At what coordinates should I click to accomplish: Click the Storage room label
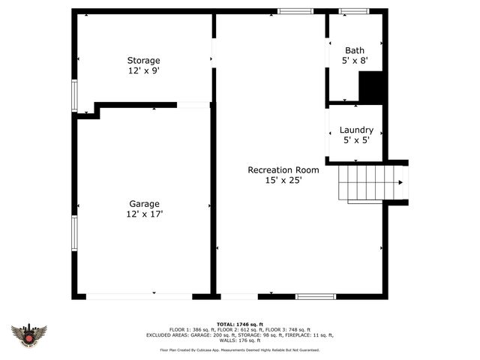click(x=143, y=60)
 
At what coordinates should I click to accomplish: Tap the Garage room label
click(x=144, y=203)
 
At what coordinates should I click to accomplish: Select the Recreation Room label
click(x=278, y=169)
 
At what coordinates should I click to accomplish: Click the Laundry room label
click(x=356, y=130)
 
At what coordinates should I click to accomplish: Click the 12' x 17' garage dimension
click(x=144, y=214)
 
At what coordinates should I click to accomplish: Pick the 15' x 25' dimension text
click(x=278, y=180)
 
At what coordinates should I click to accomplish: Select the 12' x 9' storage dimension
click(x=143, y=70)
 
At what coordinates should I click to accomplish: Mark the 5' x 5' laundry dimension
click(x=356, y=140)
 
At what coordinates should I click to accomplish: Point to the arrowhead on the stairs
click(x=400, y=182)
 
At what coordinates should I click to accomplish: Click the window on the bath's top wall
click(x=354, y=11)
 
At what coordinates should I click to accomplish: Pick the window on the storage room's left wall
click(x=73, y=95)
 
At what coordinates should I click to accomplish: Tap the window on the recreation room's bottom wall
click(x=314, y=296)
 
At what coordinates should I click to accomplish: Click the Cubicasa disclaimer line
click(x=239, y=349)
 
